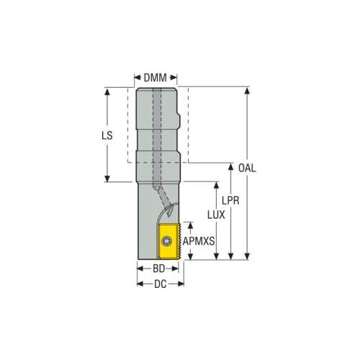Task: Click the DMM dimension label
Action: (155, 78)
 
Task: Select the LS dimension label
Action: (107, 135)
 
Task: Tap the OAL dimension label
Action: (247, 168)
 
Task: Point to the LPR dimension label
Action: (230, 201)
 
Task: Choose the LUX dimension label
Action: (216, 215)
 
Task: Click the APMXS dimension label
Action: (199, 241)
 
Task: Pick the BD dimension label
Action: (159, 269)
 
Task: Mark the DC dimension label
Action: (161, 284)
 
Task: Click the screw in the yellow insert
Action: (166, 240)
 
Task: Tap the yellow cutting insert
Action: (169, 241)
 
